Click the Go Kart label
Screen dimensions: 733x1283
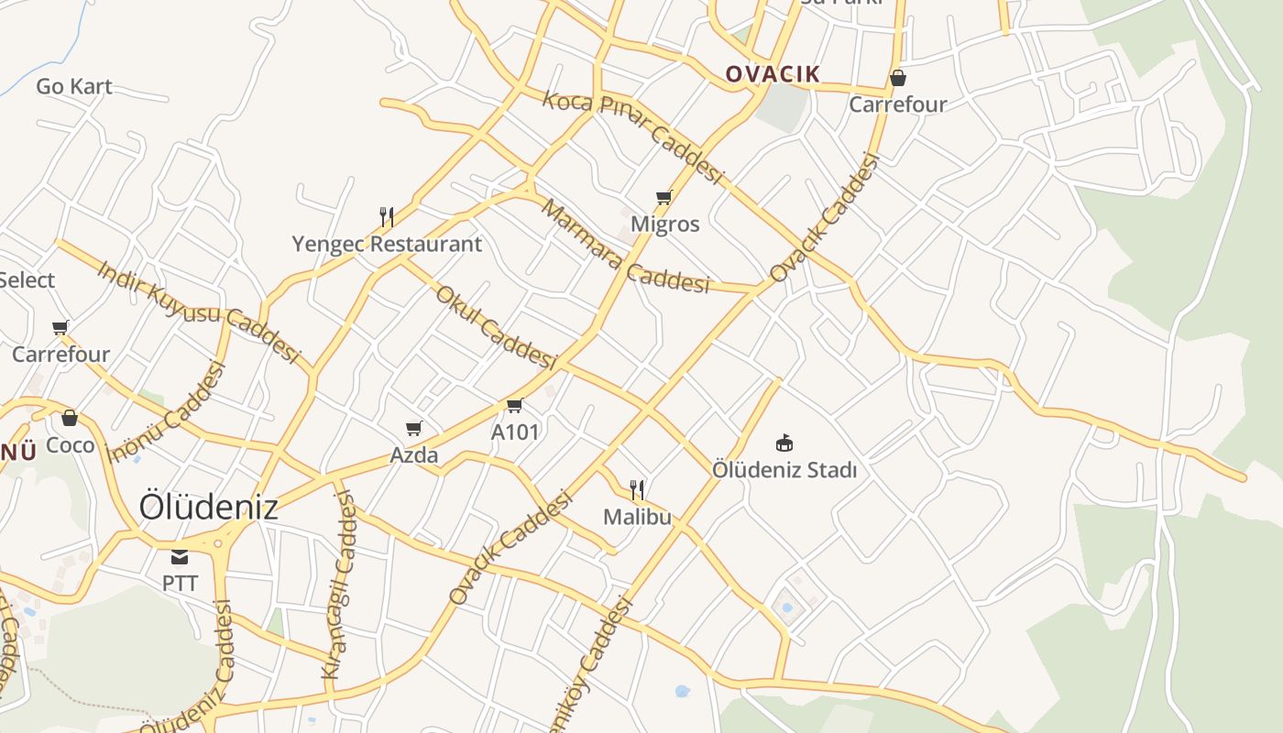coord(74,87)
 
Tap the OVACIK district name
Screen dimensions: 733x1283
coord(773,74)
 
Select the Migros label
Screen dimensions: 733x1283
coord(665,224)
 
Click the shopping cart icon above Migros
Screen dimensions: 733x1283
coord(664,197)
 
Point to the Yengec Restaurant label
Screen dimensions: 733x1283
coord(387,245)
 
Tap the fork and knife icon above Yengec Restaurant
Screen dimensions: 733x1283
coord(387,217)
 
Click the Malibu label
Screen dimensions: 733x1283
coord(637,518)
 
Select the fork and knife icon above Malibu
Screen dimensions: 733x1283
coord(638,490)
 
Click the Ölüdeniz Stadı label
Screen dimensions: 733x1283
coord(784,471)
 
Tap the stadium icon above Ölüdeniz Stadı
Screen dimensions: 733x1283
coord(784,443)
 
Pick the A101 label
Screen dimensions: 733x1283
coord(515,432)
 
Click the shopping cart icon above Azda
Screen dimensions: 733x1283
coord(414,428)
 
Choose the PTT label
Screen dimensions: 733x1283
coord(180,584)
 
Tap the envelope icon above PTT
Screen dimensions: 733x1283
coord(180,557)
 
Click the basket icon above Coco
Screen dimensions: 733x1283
coord(70,419)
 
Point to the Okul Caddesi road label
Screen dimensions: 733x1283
coord(496,327)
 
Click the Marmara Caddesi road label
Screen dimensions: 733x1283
coord(625,246)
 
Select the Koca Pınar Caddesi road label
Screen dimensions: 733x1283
coord(633,137)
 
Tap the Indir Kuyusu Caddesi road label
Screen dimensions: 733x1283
coord(199,312)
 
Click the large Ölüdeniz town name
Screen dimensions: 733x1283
coord(208,507)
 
